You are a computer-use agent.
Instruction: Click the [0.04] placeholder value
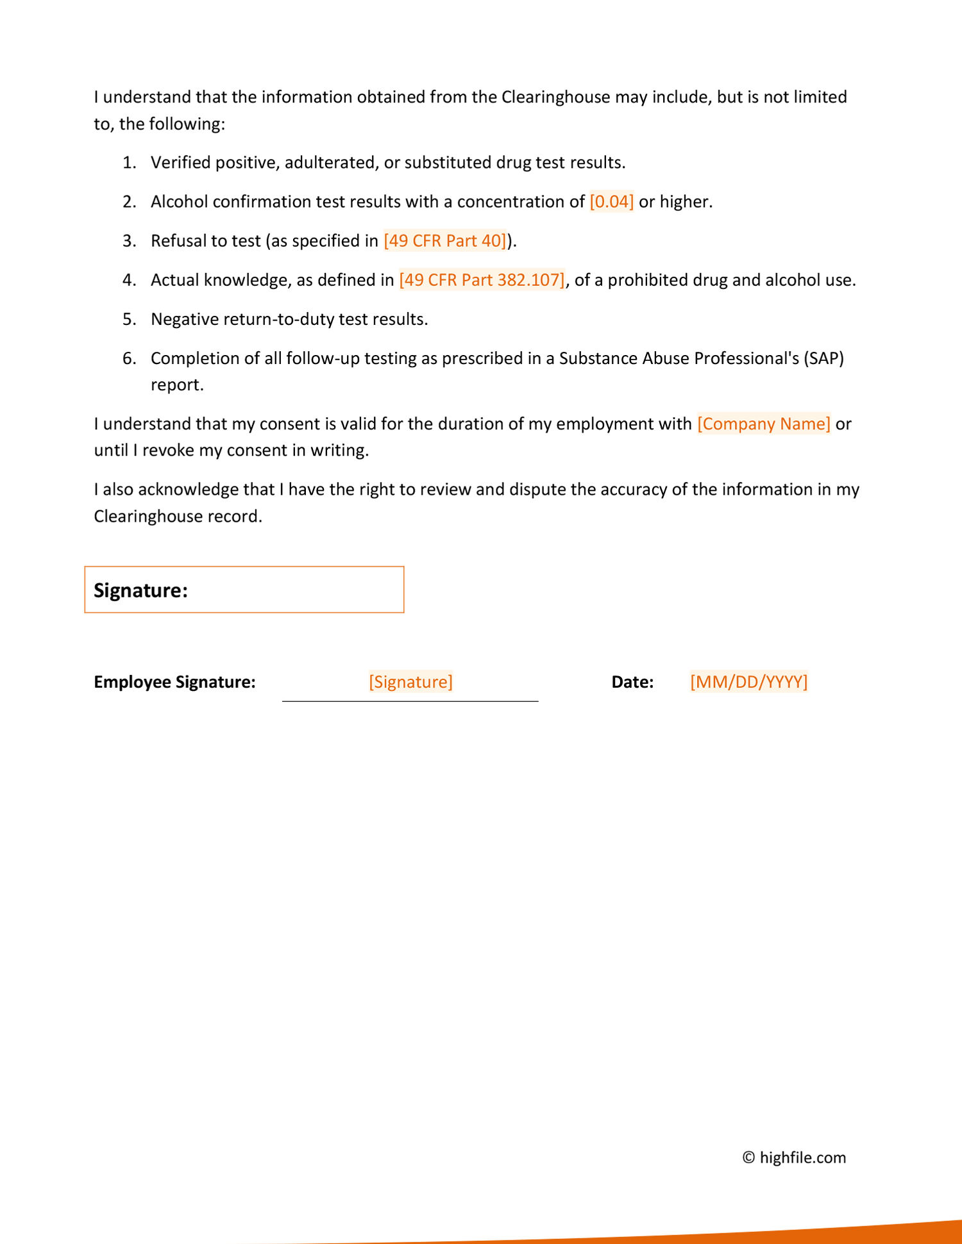click(x=611, y=202)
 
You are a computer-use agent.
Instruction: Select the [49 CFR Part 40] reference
click(x=445, y=241)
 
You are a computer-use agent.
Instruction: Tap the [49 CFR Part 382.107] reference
click(x=482, y=280)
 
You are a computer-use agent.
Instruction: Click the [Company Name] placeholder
click(x=763, y=424)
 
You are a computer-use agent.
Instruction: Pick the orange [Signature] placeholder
click(x=410, y=682)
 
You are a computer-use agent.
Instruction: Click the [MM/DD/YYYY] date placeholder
click(x=748, y=682)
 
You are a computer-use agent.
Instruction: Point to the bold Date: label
click(x=632, y=682)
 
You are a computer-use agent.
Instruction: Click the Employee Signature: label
click(x=174, y=682)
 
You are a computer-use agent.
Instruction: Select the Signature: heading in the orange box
click(x=140, y=590)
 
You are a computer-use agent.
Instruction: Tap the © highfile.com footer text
click(x=794, y=1157)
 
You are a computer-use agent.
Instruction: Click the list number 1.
click(x=129, y=163)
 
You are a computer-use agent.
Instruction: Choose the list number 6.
click(x=129, y=358)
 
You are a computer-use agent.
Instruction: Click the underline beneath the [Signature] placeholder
click(x=410, y=701)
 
